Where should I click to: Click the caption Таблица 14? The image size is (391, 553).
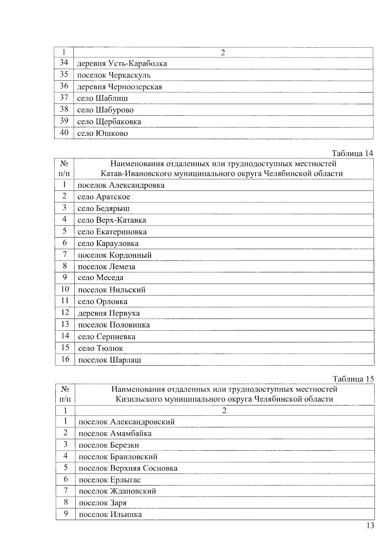click(352, 153)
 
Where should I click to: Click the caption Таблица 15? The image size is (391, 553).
click(353, 379)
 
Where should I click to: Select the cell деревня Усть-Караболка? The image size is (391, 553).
click(122, 64)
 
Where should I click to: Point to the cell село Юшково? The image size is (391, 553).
click(102, 133)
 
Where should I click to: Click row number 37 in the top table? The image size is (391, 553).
click(64, 98)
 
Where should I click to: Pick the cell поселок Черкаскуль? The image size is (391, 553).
click(114, 75)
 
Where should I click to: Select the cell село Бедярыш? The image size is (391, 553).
click(104, 208)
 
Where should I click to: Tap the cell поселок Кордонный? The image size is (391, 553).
click(115, 255)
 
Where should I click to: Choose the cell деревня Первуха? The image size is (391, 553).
click(109, 313)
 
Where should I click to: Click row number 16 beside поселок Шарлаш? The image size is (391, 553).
click(65, 359)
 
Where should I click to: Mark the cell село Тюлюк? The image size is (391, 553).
click(100, 348)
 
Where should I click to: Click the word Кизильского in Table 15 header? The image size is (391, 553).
click(139, 399)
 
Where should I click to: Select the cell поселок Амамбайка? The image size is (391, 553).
click(115, 433)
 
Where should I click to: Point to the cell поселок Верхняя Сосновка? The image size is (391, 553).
click(128, 468)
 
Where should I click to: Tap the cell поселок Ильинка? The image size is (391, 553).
click(110, 515)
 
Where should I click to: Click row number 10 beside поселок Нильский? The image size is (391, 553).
click(65, 289)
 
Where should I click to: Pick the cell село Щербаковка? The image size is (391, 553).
click(109, 122)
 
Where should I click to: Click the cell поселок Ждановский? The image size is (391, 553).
click(117, 491)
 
